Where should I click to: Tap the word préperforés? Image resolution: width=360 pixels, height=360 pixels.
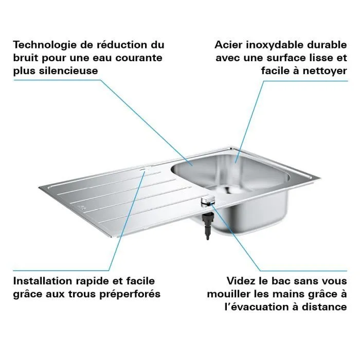[x=131, y=294]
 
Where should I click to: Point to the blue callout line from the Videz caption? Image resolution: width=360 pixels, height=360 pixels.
[x=242, y=242]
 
